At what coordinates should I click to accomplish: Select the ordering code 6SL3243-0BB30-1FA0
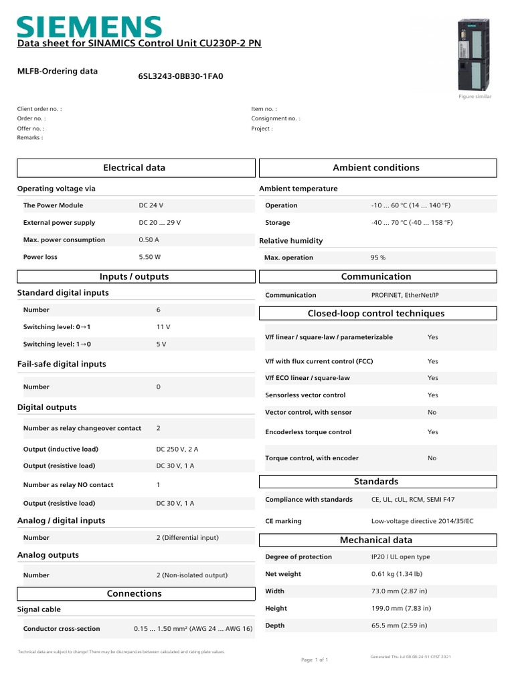181,76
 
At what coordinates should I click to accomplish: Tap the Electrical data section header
134,168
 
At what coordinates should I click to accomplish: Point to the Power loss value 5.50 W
150,257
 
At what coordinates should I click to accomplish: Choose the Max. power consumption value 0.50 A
149,239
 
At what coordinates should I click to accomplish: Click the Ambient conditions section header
376,168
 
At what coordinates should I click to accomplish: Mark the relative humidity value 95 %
378,258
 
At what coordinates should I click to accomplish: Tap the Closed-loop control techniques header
376,314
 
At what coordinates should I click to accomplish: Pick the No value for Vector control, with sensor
432,413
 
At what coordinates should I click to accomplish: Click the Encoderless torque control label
308,432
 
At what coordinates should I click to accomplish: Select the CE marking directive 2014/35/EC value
422,521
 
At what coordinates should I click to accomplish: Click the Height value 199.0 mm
401,609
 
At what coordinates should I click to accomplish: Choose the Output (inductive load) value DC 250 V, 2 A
177,450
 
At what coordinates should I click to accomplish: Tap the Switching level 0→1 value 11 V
163,327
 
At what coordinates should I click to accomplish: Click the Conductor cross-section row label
62,629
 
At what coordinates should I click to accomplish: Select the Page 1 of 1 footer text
315,660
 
